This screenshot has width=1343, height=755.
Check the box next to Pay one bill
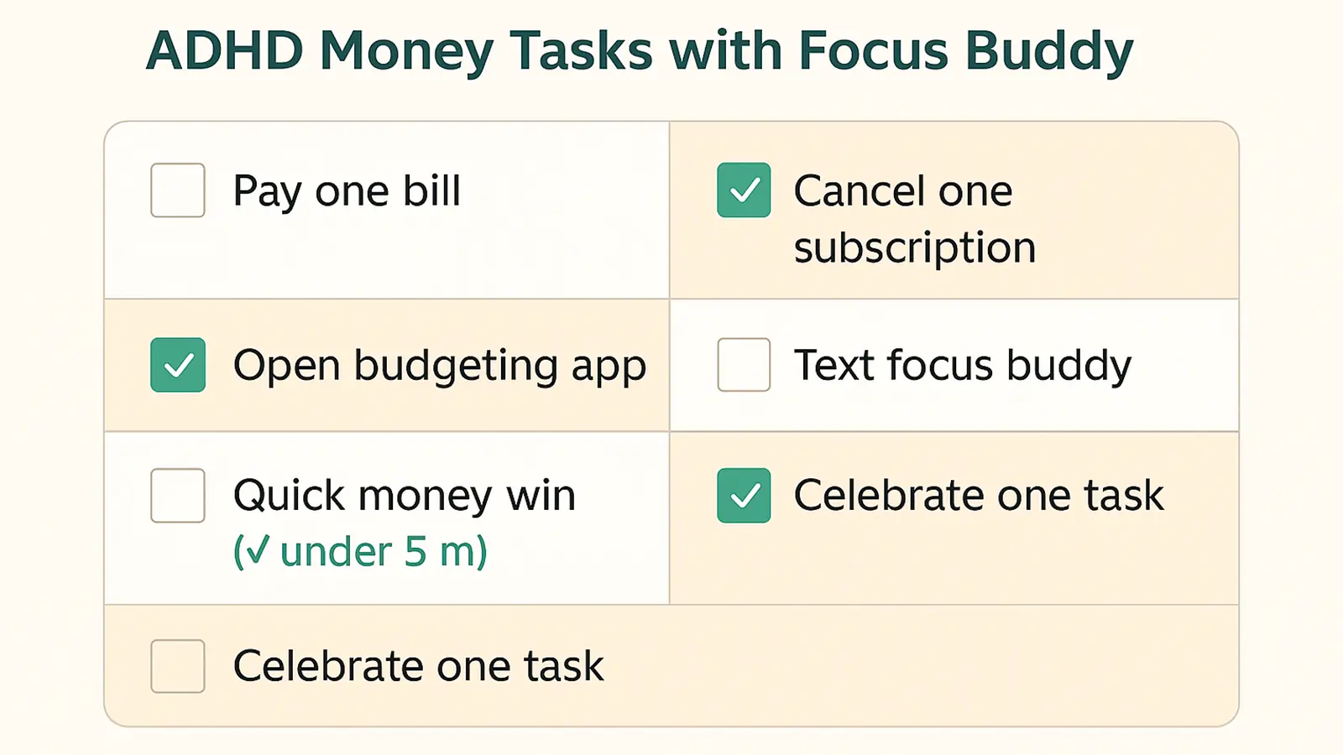[x=178, y=190]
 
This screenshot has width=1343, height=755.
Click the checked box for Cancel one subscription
[x=744, y=190]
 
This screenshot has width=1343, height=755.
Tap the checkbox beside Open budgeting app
[x=178, y=365]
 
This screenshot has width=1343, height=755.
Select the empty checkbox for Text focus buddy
[x=744, y=365]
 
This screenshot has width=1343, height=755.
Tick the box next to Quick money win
[x=178, y=496]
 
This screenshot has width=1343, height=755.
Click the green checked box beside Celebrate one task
[x=744, y=496]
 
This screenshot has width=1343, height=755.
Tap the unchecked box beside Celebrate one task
[x=178, y=666]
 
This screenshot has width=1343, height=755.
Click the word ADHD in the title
[x=224, y=50]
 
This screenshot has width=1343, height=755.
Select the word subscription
[x=915, y=248]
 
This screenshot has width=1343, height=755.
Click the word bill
[x=432, y=190]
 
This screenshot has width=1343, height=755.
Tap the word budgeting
[x=456, y=367]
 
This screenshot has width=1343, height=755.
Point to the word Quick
[x=290, y=496]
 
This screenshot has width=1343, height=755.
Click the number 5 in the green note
[x=415, y=552]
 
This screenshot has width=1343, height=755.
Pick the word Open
[x=286, y=367]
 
